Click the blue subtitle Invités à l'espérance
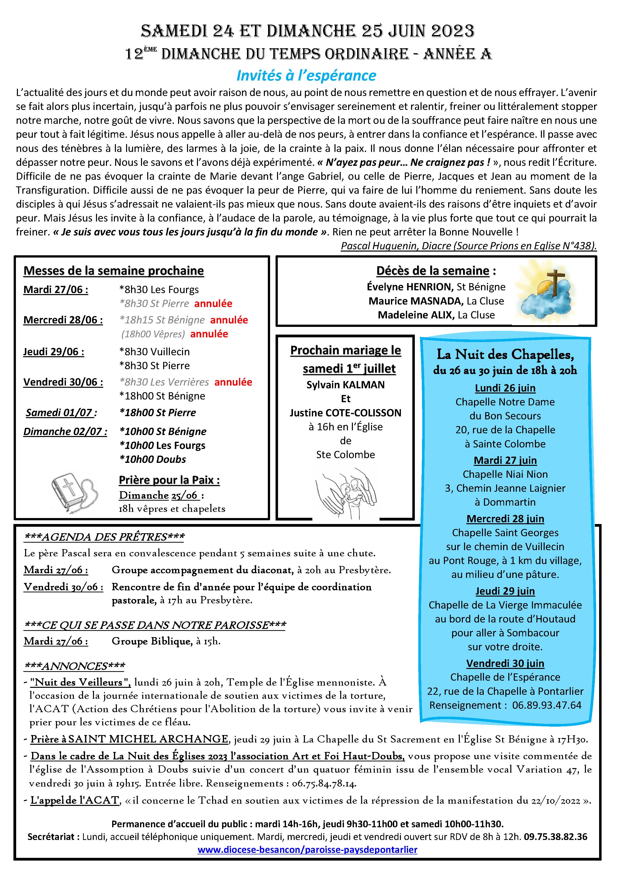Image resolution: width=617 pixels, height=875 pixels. click(306, 76)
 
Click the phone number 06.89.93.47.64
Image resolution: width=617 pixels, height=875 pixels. click(546, 705)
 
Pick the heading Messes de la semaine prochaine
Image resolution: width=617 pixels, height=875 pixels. click(114, 271)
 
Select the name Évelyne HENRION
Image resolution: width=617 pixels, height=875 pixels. click(410, 287)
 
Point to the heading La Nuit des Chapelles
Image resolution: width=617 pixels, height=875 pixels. click(505, 354)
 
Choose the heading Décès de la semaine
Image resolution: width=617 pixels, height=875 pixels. click(433, 271)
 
